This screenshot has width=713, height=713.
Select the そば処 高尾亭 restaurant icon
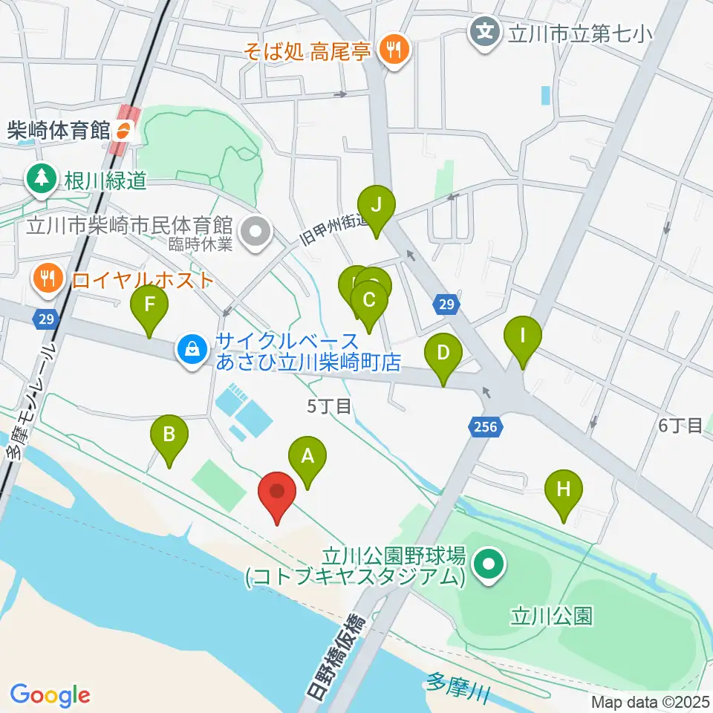[391, 51]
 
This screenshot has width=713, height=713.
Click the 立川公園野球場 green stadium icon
[489, 564]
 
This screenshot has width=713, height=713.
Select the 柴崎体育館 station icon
[123, 132]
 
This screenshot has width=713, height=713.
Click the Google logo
[51, 695]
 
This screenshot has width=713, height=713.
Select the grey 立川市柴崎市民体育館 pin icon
[255, 230]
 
